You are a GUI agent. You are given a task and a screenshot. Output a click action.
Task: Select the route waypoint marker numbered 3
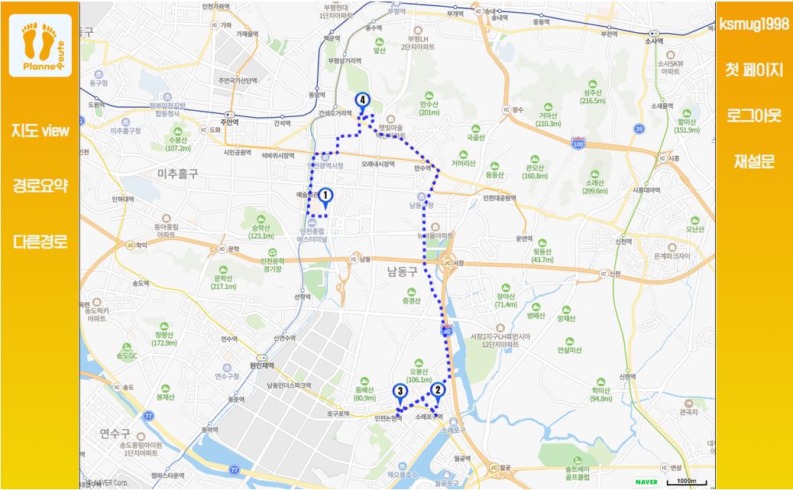[400, 393]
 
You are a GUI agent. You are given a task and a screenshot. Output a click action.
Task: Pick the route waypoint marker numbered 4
[361, 101]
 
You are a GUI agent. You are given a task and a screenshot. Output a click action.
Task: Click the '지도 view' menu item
[40, 131]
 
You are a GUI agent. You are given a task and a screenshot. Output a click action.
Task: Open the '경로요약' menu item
[40, 186]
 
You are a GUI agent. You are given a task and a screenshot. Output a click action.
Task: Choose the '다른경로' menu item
[40, 242]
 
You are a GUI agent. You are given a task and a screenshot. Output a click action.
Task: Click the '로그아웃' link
[754, 115]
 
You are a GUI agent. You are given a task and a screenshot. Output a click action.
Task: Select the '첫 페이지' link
[754, 70]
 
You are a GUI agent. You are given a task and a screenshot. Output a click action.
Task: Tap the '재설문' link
[754, 161]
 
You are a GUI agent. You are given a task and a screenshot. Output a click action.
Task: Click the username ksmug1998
[754, 24]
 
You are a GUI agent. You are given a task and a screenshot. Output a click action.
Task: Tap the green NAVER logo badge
[646, 482]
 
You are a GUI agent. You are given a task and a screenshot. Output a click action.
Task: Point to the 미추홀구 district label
[177, 174]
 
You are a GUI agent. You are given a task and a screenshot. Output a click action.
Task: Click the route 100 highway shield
[578, 143]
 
